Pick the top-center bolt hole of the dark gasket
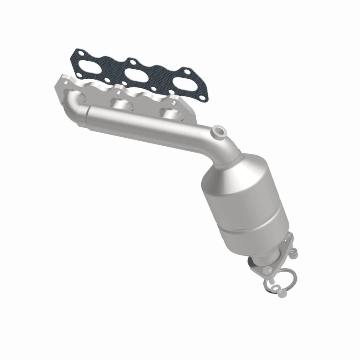click(133, 62)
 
